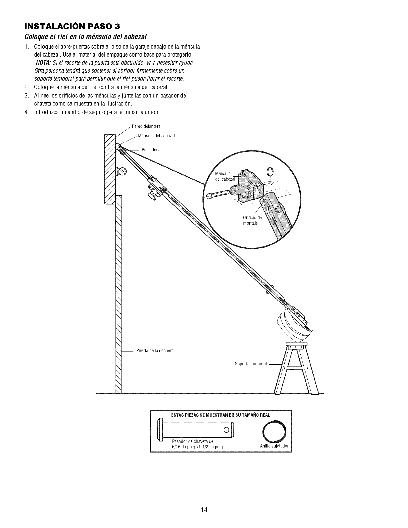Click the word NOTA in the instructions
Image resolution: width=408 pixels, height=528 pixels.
tap(43, 63)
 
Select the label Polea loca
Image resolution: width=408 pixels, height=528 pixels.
tap(151, 150)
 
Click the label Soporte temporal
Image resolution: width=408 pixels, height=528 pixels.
tap(251, 364)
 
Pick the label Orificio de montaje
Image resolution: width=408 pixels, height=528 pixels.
tap(253, 220)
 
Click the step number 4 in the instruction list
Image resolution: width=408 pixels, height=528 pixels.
tap(26, 112)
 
